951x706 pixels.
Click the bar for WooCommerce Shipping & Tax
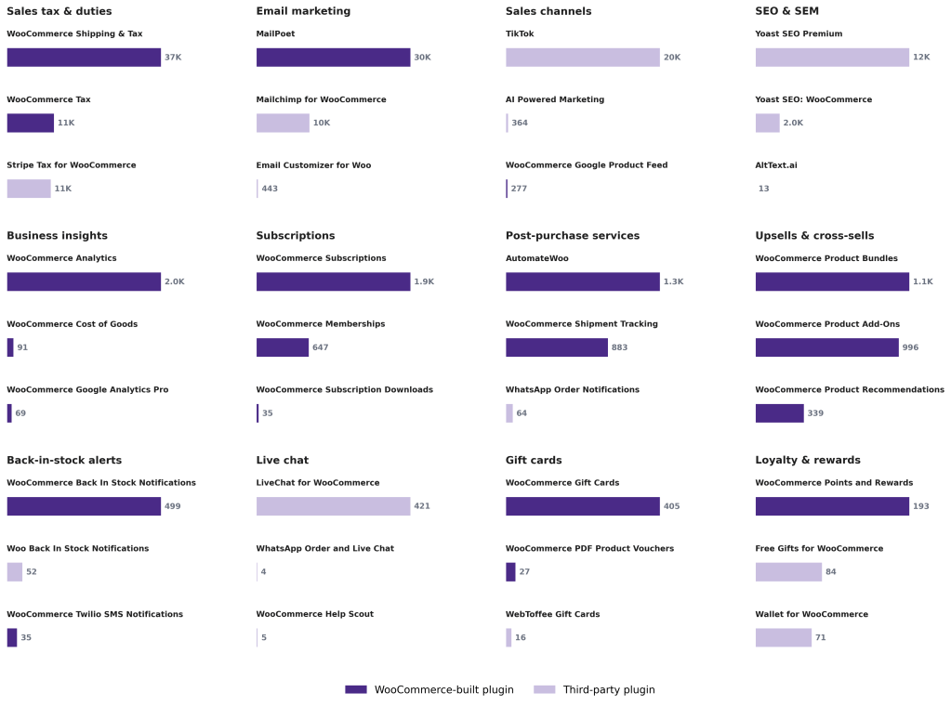point(84,58)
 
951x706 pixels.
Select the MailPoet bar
point(333,58)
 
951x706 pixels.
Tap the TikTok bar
point(582,58)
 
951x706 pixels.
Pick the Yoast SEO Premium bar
point(832,58)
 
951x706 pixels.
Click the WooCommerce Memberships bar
point(282,347)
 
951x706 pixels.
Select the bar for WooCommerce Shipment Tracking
point(556,347)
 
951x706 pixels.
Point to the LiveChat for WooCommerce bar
point(333,506)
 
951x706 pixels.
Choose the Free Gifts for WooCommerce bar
point(788,572)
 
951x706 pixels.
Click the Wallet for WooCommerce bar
point(783,637)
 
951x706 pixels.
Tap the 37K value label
point(173,58)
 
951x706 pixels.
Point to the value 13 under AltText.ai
point(763,189)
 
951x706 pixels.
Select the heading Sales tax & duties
point(59,11)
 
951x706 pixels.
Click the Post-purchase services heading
point(572,236)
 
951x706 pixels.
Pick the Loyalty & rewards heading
point(807,460)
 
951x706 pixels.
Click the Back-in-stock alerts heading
point(64,460)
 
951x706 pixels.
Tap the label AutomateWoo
point(536,258)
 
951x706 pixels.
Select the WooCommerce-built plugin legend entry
point(429,689)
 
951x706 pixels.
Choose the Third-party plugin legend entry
point(594,689)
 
